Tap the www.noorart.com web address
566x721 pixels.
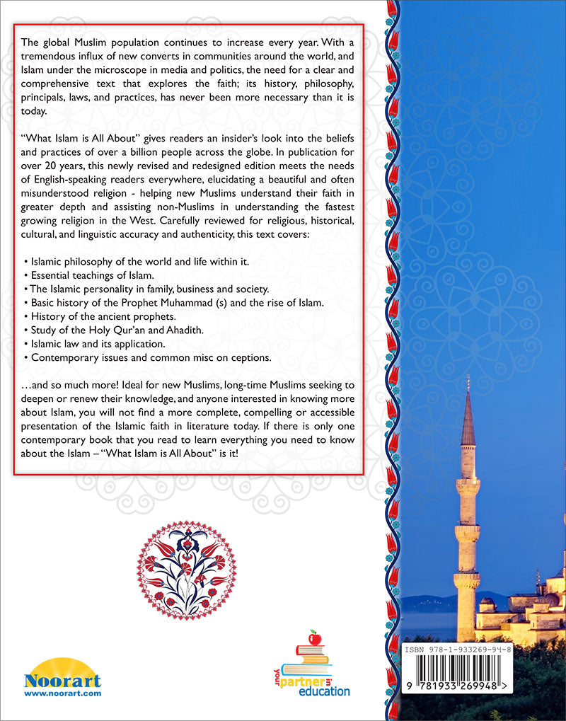coord(62,693)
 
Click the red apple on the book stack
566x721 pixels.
coord(315,639)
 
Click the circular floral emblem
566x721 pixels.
coord(186,567)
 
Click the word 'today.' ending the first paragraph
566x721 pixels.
coord(37,111)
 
